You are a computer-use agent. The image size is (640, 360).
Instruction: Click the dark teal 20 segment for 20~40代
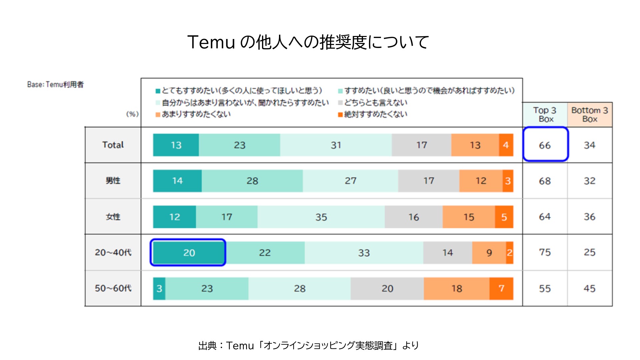point(189,253)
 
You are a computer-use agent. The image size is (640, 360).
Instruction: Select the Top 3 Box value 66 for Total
point(545,145)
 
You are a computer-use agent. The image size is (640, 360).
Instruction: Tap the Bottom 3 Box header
point(590,115)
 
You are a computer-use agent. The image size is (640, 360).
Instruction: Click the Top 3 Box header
point(545,115)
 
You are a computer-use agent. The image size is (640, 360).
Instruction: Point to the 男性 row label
point(113,181)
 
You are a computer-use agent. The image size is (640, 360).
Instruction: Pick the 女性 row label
point(113,217)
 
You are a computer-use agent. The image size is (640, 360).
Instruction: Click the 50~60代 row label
point(113,288)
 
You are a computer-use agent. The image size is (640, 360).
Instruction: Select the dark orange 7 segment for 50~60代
point(501,288)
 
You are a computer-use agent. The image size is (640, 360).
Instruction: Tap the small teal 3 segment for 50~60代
point(159,288)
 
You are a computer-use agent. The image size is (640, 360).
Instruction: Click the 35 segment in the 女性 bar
point(321,217)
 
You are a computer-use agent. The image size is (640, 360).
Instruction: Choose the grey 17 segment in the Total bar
point(421,145)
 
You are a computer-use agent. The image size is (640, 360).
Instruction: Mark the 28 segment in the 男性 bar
point(252,181)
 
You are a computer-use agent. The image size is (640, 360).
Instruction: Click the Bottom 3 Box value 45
point(589,288)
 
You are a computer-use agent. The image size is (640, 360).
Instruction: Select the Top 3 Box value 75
point(545,252)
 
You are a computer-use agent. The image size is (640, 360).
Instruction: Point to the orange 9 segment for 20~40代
point(489,253)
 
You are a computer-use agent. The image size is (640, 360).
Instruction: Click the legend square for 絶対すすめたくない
point(340,115)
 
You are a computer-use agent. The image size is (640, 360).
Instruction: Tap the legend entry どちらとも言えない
point(376,103)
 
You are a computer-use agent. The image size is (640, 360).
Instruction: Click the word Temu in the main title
point(211,42)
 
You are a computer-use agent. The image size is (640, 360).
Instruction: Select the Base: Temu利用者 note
point(55,85)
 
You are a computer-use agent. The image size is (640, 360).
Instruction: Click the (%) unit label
point(132,114)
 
